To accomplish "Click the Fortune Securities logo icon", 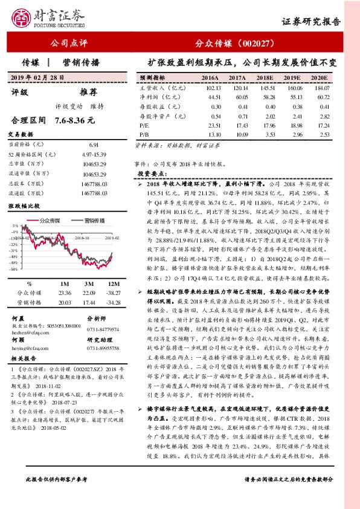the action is tap(22, 18).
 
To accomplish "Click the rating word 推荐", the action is tap(88, 92).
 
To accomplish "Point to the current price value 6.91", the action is tap(94, 145).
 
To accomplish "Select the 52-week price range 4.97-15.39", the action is tap(94, 155).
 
